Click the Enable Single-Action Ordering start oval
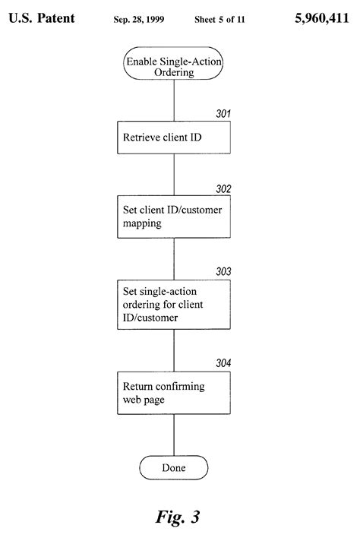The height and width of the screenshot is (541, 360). (174, 65)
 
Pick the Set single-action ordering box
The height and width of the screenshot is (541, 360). (174, 304)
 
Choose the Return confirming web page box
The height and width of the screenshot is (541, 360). (174, 393)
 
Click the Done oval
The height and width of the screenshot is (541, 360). (174, 467)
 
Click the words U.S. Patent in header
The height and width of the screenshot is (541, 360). (42, 17)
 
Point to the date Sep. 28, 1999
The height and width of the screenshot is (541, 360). (135, 17)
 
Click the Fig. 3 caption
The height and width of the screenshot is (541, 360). (178, 517)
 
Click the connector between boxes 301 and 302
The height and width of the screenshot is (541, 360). (174, 176)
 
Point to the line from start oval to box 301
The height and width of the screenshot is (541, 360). (174, 99)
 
